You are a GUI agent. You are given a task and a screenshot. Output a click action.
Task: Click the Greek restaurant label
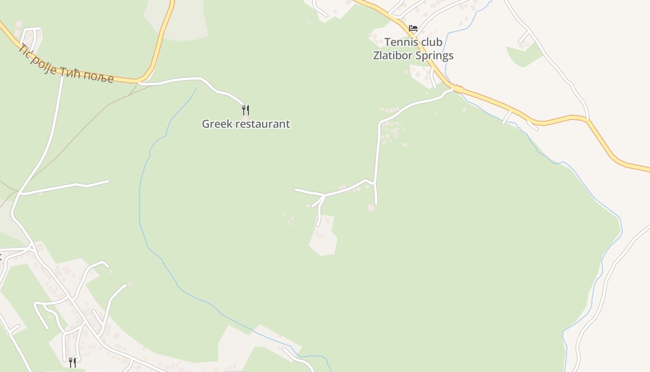click(246, 124)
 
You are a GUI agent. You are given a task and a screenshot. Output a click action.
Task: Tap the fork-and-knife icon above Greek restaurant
click(246, 110)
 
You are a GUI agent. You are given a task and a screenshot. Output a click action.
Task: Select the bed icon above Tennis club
click(413, 28)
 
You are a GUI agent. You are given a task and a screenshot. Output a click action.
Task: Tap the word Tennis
click(401, 42)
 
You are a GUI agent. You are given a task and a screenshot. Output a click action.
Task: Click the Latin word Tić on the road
click(26, 53)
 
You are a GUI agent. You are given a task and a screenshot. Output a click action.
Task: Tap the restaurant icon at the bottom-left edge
click(72, 362)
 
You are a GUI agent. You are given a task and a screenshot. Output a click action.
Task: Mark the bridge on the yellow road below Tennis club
click(457, 88)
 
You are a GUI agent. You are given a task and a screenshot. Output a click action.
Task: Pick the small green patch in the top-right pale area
click(524, 55)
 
